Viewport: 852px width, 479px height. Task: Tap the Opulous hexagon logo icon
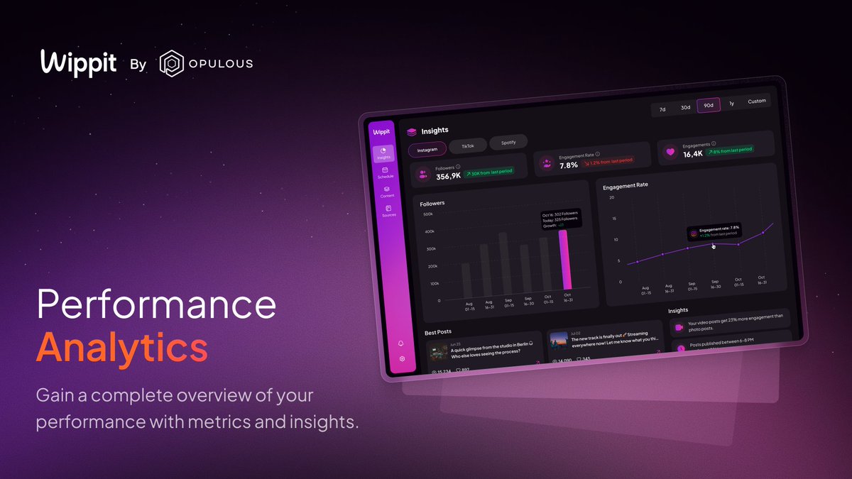(x=171, y=63)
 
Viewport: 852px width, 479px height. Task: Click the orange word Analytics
(x=122, y=348)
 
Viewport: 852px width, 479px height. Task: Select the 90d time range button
(x=708, y=105)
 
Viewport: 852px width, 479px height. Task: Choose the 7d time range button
(x=662, y=109)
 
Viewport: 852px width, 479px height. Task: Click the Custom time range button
(x=757, y=101)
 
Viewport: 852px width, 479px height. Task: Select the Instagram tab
(x=427, y=150)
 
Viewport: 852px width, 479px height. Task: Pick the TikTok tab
(x=468, y=145)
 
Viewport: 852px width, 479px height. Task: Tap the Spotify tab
(x=508, y=143)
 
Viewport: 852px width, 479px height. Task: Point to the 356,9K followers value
(x=448, y=176)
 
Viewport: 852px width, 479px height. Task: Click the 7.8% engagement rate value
(x=569, y=165)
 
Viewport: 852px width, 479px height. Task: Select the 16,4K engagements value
(x=693, y=154)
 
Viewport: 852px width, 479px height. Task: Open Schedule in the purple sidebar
(x=386, y=172)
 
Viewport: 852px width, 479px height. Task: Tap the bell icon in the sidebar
(x=401, y=343)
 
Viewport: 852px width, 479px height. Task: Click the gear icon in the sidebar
(x=402, y=359)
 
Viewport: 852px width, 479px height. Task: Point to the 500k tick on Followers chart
(x=428, y=214)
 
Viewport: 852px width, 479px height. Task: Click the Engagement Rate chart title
(x=626, y=185)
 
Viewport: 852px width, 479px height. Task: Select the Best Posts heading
(x=437, y=331)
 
